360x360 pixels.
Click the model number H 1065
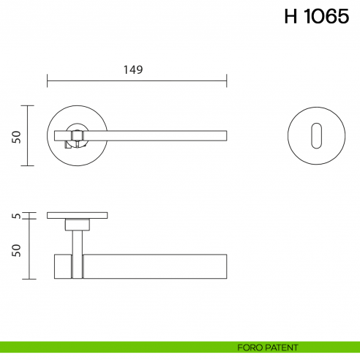tap(316, 18)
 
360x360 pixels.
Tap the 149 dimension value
tap(132, 70)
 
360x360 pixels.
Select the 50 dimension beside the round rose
tap(16, 136)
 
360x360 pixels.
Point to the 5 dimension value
tap(16, 216)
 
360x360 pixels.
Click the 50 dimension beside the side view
tap(16, 250)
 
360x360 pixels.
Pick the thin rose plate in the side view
tap(77, 215)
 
